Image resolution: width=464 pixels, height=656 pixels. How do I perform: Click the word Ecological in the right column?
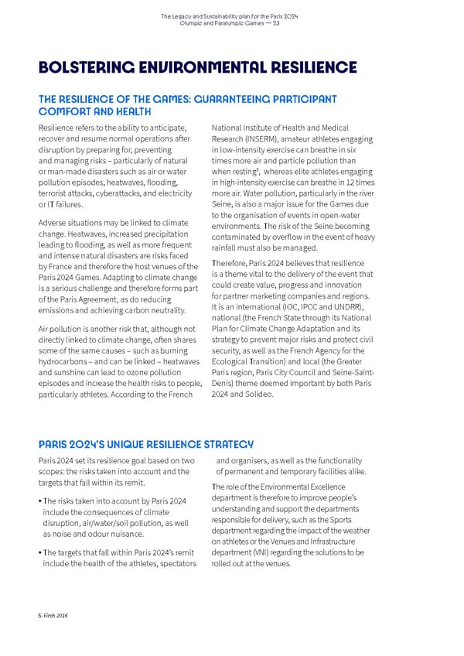232,360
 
